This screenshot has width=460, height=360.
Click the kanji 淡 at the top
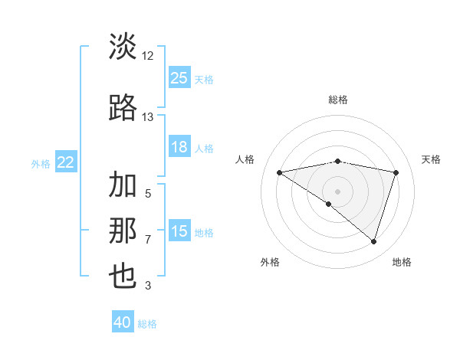(123, 47)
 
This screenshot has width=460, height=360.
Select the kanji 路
(123, 109)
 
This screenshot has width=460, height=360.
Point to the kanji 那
(123, 231)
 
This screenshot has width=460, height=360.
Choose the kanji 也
(123, 276)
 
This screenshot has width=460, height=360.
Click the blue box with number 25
(179, 77)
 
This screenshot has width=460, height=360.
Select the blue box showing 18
(179, 147)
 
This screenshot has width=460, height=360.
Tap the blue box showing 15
(179, 231)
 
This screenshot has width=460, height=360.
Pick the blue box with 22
(66, 162)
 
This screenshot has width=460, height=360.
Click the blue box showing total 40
(123, 322)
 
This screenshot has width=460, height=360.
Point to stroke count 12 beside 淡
(148, 56)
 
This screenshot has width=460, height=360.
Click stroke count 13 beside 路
(148, 117)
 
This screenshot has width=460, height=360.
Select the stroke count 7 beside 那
(148, 239)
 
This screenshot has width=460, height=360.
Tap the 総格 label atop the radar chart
(337, 100)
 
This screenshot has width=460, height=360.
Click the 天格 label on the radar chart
(431, 159)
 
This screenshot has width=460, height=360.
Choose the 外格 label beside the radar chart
(270, 263)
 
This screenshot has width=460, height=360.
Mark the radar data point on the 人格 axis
(279, 172)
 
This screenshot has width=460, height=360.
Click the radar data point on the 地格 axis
(373, 242)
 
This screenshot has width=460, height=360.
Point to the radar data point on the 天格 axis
(396, 172)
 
